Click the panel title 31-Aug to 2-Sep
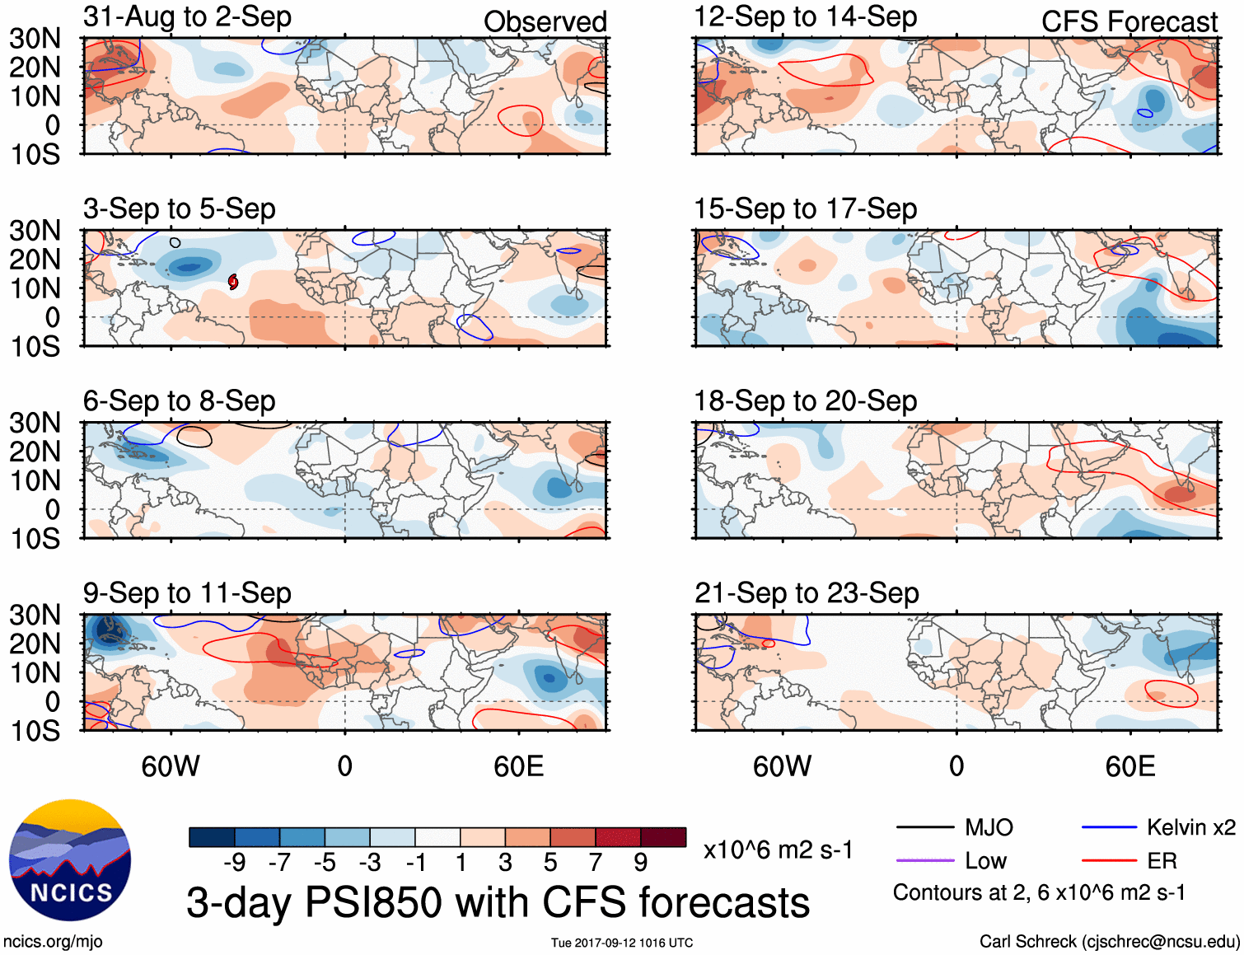pyautogui.click(x=187, y=17)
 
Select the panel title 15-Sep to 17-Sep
pyautogui.click(x=805, y=209)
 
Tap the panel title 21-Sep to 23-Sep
pyautogui.click(x=806, y=593)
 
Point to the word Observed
pyautogui.click(x=545, y=22)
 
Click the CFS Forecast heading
pyautogui.click(x=1129, y=22)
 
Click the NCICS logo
pyautogui.click(x=70, y=860)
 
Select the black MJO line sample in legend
pyautogui.click(x=924, y=827)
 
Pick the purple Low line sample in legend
pyautogui.click(x=924, y=861)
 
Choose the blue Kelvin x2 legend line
pyautogui.click(x=1109, y=827)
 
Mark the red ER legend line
pyautogui.click(x=1109, y=861)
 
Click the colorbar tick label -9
pyautogui.click(x=235, y=863)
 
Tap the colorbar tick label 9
pyautogui.click(x=640, y=863)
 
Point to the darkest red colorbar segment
pyautogui.click(x=663, y=837)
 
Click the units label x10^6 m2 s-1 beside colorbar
pyautogui.click(x=778, y=850)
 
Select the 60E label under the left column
pyautogui.click(x=518, y=766)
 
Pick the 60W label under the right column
pyautogui.click(x=782, y=766)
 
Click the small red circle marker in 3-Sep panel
pyautogui.click(x=233, y=282)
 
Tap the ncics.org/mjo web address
pyautogui.click(x=53, y=942)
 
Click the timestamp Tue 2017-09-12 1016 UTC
pyautogui.click(x=622, y=943)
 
